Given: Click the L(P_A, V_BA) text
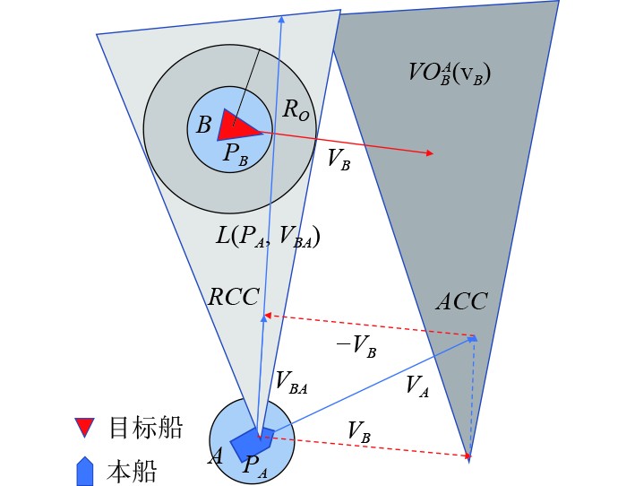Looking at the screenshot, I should [x=268, y=238].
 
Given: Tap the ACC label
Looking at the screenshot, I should [x=461, y=301].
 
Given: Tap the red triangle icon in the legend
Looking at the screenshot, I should [x=85, y=428].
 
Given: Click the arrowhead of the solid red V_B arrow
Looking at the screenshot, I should [x=431, y=153].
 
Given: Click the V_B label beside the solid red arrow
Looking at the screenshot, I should [x=339, y=159].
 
